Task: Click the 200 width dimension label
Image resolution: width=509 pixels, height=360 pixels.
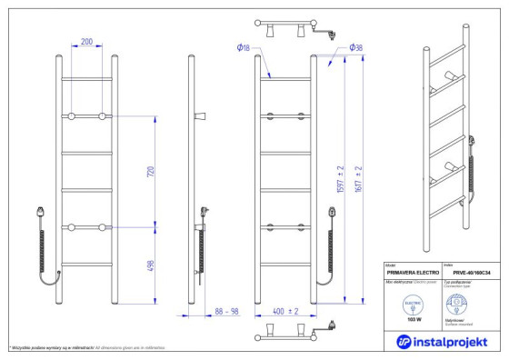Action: [x=87, y=42]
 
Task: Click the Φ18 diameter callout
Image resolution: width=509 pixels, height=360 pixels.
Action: [x=241, y=46]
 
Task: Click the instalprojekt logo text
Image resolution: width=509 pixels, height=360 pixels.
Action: [x=452, y=341]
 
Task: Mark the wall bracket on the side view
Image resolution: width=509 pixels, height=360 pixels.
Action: [x=200, y=116]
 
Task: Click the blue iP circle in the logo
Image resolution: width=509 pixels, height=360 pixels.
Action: [x=404, y=341]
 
